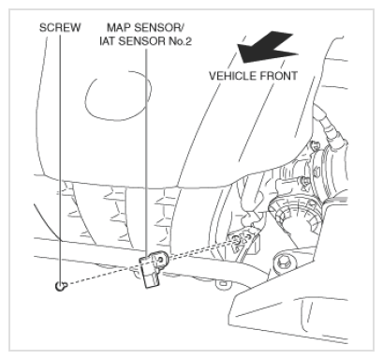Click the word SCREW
[60, 27]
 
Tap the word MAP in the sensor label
[119, 27]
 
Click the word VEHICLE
[232, 76]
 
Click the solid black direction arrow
[267, 48]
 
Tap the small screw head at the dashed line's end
[61, 286]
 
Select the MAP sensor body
[153, 269]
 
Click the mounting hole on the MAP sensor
[161, 259]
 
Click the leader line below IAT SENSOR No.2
[146, 153]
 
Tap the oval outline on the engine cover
[118, 96]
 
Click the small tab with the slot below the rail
[223, 284]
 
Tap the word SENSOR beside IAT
[141, 41]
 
